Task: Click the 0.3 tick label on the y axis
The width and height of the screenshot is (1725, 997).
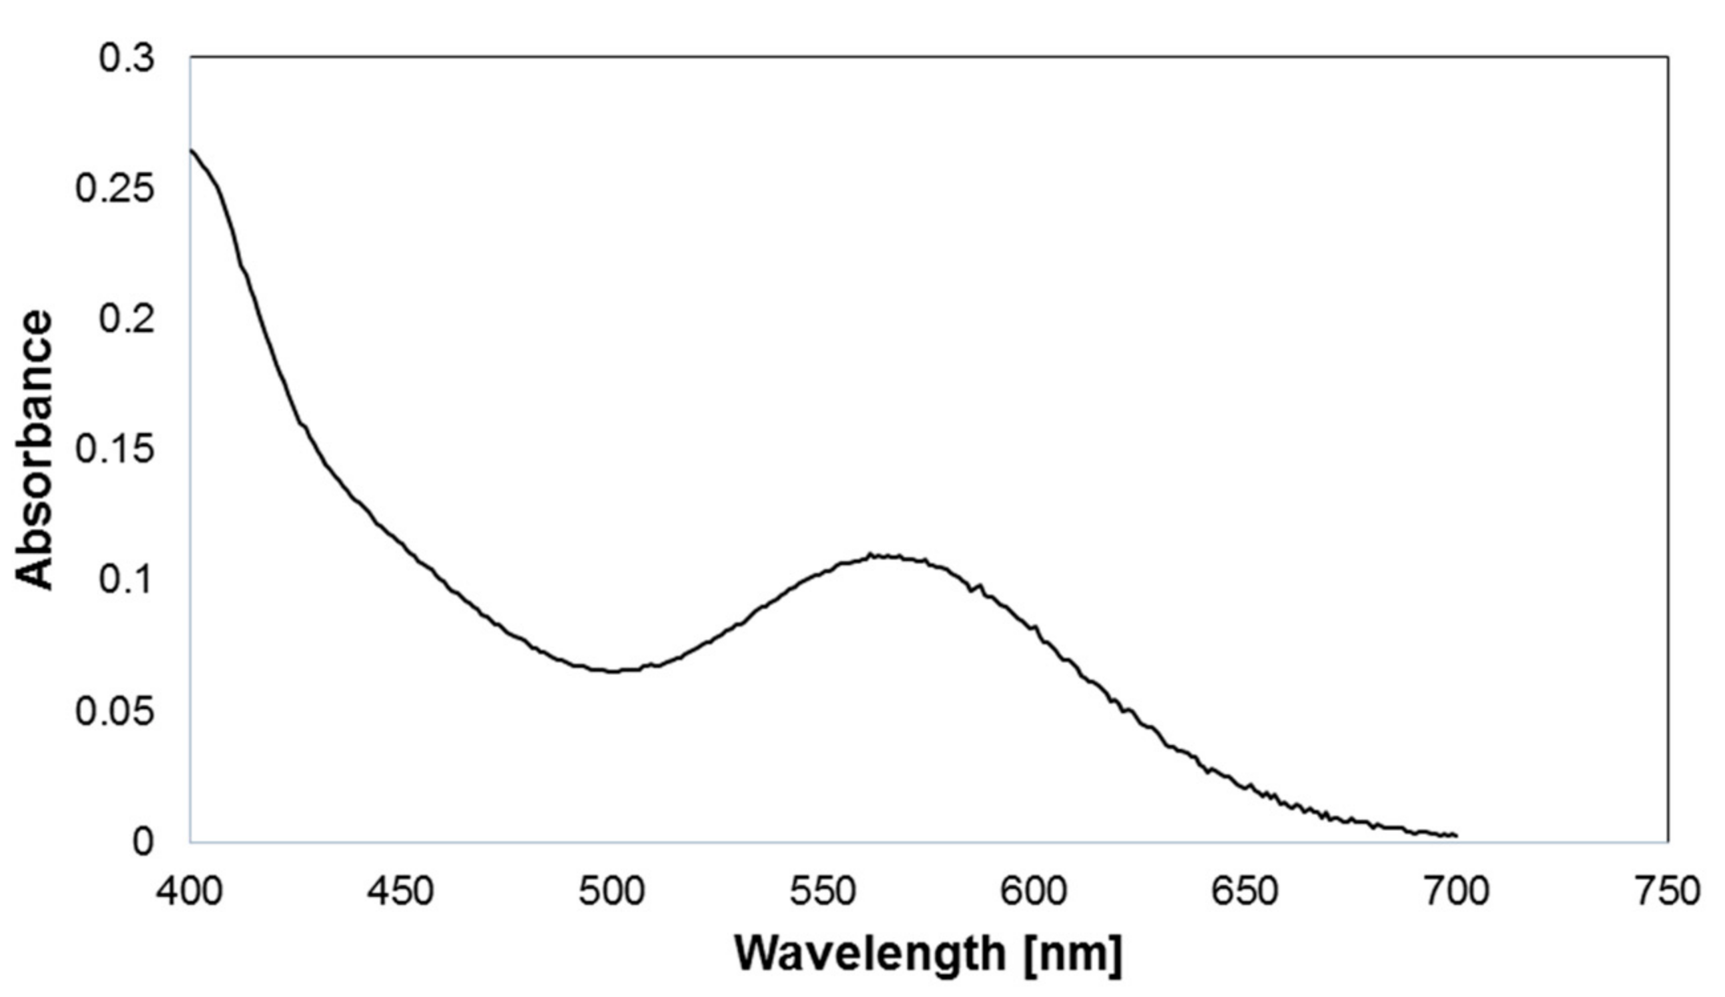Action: tap(127, 58)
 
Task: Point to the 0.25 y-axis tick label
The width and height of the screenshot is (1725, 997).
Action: tap(115, 189)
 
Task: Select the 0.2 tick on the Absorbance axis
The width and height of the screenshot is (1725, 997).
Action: tap(127, 319)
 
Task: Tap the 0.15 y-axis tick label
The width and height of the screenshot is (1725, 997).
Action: tap(115, 450)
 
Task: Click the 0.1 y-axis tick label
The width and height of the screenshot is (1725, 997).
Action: tap(127, 580)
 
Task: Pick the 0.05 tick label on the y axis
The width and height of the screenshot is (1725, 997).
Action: tap(115, 712)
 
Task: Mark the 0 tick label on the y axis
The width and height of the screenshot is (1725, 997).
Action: tap(143, 842)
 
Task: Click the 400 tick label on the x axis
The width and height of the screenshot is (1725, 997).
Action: tap(190, 892)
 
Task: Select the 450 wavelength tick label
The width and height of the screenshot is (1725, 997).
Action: tap(400, 892)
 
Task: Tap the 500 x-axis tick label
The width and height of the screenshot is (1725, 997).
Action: tap(611, 892)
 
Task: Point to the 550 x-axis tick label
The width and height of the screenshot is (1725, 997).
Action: tap(823, 892)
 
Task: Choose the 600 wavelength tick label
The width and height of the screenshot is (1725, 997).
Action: tap(1034, 892)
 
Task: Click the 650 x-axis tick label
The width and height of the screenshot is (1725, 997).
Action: tap(1245, 892)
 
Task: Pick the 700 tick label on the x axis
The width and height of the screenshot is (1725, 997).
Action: tap(1456, 892)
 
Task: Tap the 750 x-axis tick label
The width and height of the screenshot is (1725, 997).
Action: tap(1667, 892)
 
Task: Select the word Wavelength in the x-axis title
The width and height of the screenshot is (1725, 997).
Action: tap(869, 954)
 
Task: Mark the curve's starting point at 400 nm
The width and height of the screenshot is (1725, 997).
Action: tap(191, 149)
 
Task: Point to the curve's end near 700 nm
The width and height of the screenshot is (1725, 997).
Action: tap(1455, 836)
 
